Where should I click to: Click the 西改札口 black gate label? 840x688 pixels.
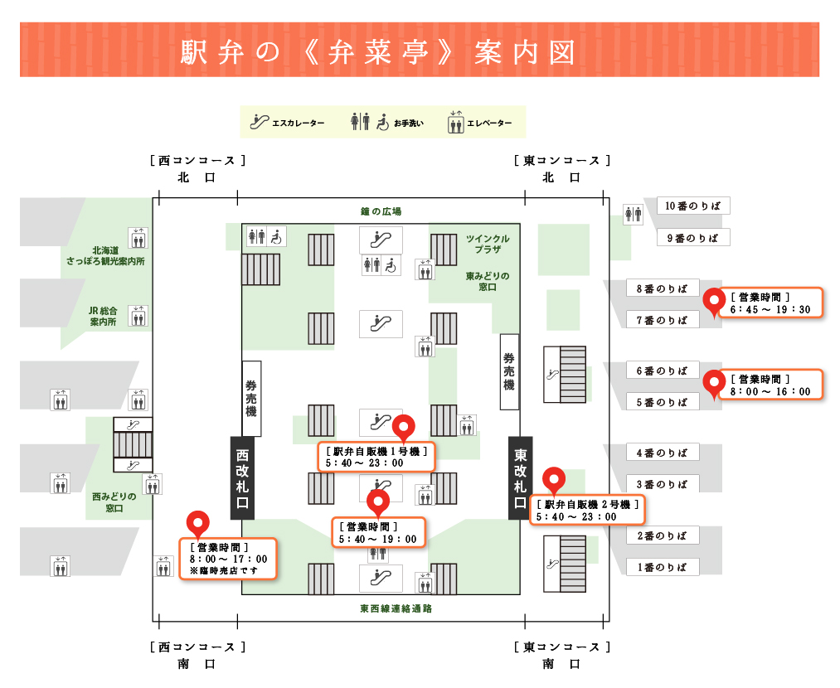(242, 478)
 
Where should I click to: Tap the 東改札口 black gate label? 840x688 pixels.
(520, 478)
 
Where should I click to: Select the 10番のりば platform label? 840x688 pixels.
(693, 206)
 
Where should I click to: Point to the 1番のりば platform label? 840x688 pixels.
(663, 567)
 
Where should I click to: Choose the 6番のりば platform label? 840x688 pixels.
(663, 371)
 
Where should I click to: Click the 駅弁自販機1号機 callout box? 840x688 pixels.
(376, 457)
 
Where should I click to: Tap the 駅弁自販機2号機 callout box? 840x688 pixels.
(587, 511)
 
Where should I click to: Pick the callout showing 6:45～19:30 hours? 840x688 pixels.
(770, 303)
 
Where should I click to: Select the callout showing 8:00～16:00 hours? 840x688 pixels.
(770, 385)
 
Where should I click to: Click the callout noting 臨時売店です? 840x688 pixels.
(228, 559)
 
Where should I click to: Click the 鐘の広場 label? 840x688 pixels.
(381, 211)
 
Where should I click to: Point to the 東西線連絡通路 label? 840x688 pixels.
(396, 608)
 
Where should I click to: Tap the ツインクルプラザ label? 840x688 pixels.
(488, 245)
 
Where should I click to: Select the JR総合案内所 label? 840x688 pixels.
(103, 316)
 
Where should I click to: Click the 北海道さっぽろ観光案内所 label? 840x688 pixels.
(105, 256)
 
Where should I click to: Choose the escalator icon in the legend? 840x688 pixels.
(260, 122)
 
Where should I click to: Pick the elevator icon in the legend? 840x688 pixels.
(456, 122)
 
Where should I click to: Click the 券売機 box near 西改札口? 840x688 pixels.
(251, 399)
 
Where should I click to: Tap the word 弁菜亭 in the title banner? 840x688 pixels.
(379, 52)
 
